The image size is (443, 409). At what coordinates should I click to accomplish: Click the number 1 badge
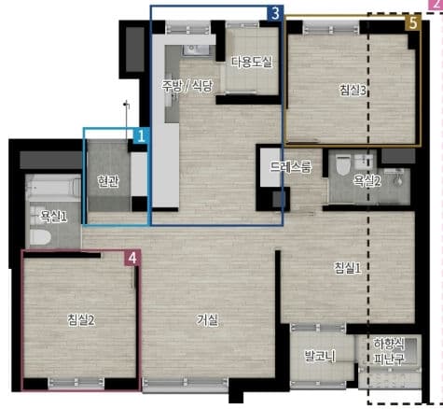pos(141,136)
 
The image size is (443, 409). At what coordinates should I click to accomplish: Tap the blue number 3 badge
pos(275,14)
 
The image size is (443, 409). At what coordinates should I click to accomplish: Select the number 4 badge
pos(132,258)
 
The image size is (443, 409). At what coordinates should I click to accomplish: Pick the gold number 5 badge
pos(413,23)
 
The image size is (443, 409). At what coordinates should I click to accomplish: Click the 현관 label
pos(108,181)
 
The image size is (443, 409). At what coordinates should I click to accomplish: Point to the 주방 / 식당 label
pos(187,85)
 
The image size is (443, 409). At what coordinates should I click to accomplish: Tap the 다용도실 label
pos(252,62)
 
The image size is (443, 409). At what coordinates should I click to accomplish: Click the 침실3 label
pos(353,91)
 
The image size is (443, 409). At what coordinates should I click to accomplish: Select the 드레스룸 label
pos(290,167)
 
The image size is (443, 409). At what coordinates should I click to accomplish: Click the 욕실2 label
pos(367,180)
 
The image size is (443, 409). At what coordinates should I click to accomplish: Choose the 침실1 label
pos(348,268)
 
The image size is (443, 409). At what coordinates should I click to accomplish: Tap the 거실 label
pos(207,319)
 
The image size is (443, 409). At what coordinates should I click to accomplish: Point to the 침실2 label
pos(81,319)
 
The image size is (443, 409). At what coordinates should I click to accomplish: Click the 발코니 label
pos(320,356)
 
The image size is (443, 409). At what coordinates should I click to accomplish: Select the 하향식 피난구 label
pos(389,351)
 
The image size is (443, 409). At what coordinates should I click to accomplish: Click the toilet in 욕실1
pos(41,237)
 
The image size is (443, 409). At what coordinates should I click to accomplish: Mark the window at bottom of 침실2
pos(76,383)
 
